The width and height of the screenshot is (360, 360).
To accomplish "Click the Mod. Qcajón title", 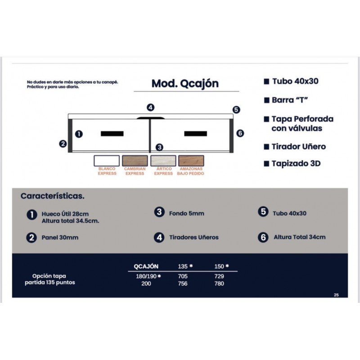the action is pyautogui.click(x=185, y=84).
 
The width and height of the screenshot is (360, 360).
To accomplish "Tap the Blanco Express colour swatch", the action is pyautogui.click(x=107, y=161).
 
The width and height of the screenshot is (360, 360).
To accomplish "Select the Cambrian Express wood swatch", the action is pyautogui.click(x=135, y=161).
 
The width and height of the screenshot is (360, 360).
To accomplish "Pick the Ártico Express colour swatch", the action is pyautogui.click(x=163, y=161).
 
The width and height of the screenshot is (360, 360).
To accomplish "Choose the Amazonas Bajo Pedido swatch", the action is pyautogui.click(x=191, y=161).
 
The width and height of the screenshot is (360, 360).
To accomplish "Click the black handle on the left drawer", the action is pyautogui.click(x=112, y=134).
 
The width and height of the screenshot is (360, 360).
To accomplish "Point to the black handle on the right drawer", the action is pyautogui.click(x=196, y=134).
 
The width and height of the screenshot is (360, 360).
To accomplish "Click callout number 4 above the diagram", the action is pyautogui.click(x=150, y=108).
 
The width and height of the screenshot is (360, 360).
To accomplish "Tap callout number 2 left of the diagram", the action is pyautogui.click(x=63, y=144).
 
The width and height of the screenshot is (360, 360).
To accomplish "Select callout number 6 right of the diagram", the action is pyautogui.click(x=240, y=133).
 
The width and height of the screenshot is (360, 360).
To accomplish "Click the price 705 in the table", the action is pyautogui.click(x=183, y=276).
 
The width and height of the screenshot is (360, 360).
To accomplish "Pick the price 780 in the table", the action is pyautogui.click(x=219, y=283).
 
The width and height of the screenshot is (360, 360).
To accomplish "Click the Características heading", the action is pyautogui.click(x=53, y=196).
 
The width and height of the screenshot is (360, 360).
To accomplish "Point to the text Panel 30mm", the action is pyautogui.click(x=60, y=238).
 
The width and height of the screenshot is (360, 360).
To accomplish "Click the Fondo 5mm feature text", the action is pyautogui.click(x=187, y=213).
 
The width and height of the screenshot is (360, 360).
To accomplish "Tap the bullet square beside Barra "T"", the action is pyautogui.click(x=266, y=100).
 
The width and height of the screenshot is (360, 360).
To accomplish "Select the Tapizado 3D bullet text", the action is pyautogui.click(x=296, y=163).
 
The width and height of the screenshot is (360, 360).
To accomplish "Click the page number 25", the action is pyautogui.click(x=336, y=295).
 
